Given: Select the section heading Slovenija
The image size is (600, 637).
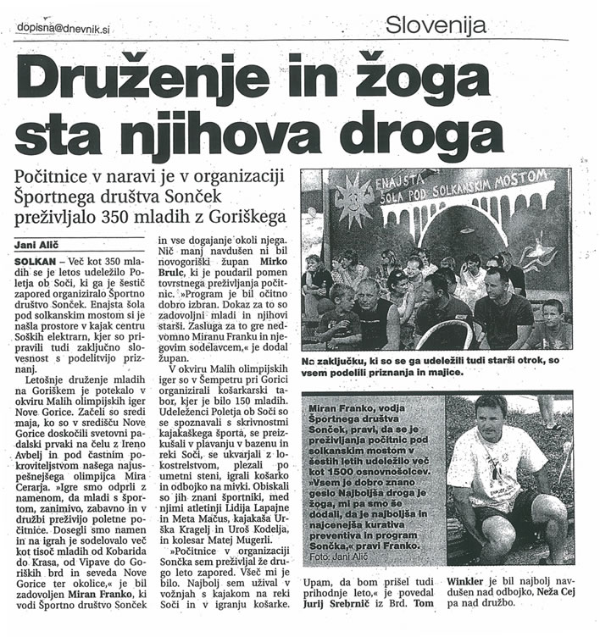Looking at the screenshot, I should tap(436, 25).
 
